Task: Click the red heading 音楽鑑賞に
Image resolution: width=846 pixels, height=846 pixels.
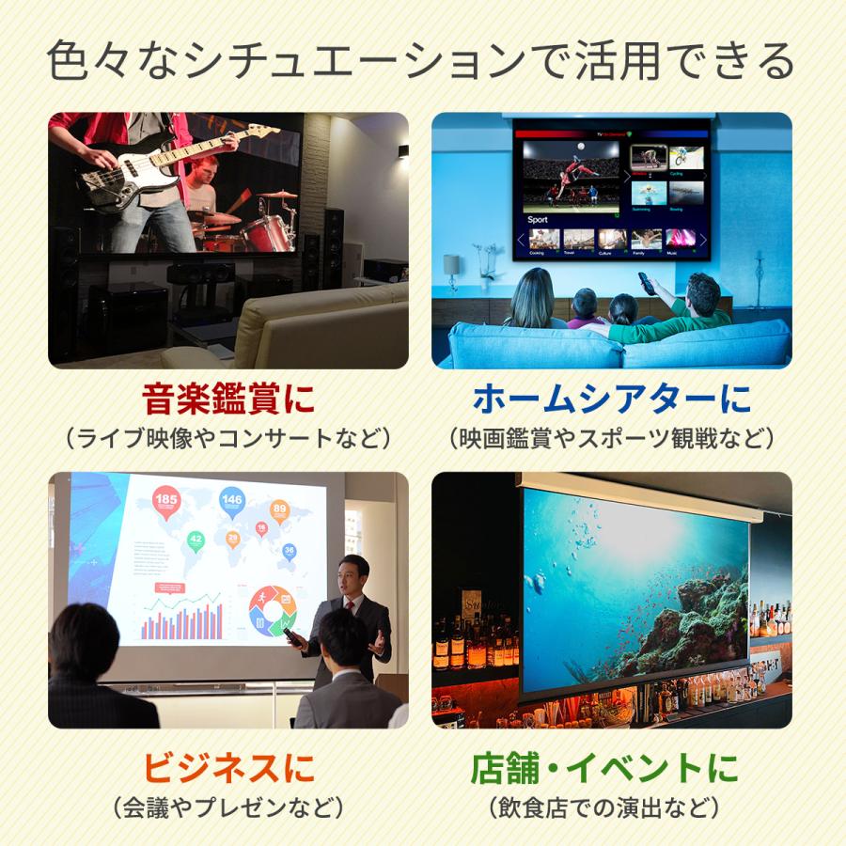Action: point(228,399)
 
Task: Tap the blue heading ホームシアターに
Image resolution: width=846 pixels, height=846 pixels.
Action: point(612,399)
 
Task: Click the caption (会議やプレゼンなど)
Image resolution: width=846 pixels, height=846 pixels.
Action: point(228,807)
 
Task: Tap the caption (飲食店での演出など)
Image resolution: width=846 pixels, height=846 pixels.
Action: point(604,807)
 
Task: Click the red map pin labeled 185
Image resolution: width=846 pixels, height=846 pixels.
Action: point(166,502)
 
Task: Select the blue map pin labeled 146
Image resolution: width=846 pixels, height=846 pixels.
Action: point(232,502)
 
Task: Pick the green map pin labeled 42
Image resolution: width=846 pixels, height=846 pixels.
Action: point(196,540)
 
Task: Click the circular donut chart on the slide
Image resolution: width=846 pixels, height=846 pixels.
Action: point(273,609)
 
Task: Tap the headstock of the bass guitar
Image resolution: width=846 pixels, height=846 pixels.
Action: point(264,133)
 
